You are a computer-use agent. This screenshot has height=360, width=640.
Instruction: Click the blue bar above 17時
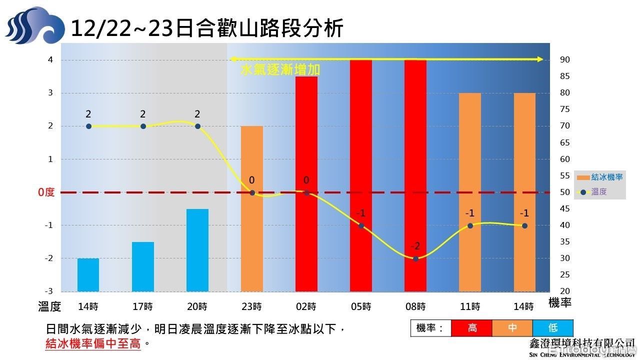[143, 266]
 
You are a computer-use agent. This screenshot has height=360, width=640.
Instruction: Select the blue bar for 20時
[197, 250]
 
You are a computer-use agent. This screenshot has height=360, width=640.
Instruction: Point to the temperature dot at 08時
[415, 258]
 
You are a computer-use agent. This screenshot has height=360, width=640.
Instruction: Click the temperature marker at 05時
[361, 225]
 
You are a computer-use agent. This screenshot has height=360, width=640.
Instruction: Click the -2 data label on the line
[415, 246]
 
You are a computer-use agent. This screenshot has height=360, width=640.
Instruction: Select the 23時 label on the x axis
[252, 306]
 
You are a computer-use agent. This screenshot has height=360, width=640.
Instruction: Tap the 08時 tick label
[415, 306]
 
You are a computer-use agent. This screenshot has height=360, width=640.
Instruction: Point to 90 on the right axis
[565, 60]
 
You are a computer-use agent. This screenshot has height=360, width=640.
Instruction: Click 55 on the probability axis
[565, 176]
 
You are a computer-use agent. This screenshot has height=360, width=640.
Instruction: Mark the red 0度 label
[46, 192]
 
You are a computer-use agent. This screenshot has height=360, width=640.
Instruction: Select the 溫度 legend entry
[599, 191]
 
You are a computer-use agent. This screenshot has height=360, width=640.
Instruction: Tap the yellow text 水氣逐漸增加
[280, 70]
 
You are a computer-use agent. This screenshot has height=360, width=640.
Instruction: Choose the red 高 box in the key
[472, 328]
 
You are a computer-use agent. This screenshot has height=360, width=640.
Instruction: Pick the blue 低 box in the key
[553, 328]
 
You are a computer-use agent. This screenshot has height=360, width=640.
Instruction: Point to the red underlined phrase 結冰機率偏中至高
[93, 343]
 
